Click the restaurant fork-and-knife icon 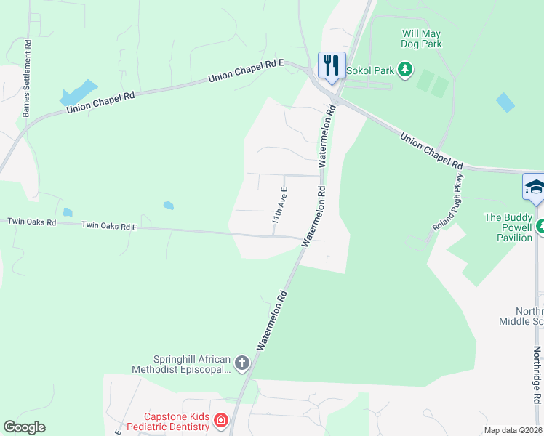coord(331,65)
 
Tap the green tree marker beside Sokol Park coord(405,70)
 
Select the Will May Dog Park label coord(422,39)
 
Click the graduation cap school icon coord(535,187)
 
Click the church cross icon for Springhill coord(241,363)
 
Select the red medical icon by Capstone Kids coord(220,420)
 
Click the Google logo coord(24,427)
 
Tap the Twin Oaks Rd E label coord(109,226)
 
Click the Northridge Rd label coord(537,375)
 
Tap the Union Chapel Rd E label coord(245,71)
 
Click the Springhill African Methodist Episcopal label coord(192,364)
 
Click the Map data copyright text coord(513,430)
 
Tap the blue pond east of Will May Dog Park coord(505,102)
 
